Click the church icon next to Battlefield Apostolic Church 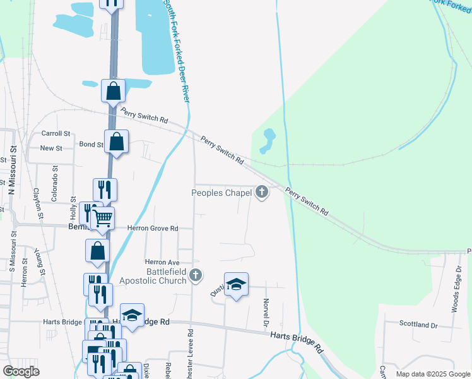point(196,275)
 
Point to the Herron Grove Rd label point(153,228)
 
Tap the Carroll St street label point(56,133)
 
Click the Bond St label point(91,145)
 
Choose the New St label point(51,148)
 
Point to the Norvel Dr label point(266,313)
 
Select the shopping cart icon point(102,219)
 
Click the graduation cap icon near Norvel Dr point(236,285)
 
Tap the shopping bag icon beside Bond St point(117,141)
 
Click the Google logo point(21,371)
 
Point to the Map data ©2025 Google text point(432,374)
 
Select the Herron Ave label point(163,262)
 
